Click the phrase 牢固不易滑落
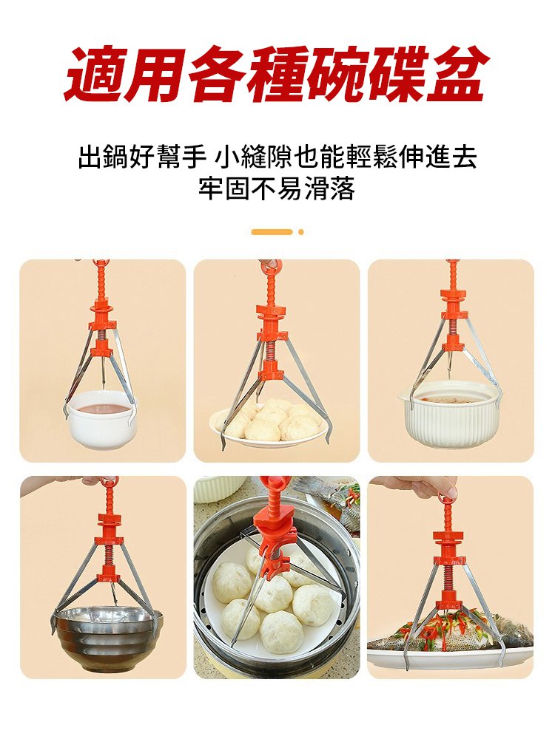pyautogui.click(x=277, y=189)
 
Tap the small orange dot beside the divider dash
pyautogui.click(x=301, y=232)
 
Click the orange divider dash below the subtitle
pyautogui.click(x=272, y=232)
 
